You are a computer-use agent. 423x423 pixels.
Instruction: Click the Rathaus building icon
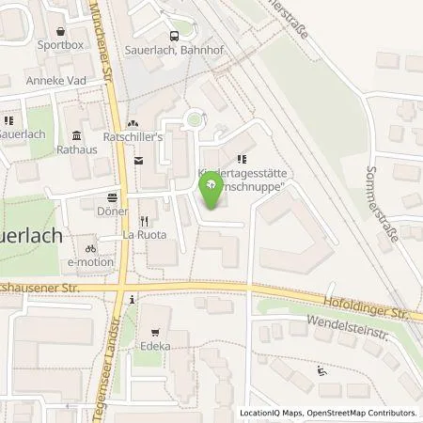[x=75, y=134]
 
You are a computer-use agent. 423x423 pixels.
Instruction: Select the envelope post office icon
[x=138, y=162]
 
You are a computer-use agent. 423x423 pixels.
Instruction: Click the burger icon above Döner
[x=113, y=197]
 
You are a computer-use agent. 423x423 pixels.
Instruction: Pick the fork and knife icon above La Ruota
[x=144, y=217]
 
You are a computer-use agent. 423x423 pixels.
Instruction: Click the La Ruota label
[x=144, y=234]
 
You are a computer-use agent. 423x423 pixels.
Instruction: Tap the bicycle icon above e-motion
[x=90, y=248]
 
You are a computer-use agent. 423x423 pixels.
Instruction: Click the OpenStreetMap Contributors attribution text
[x=360, y=413]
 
